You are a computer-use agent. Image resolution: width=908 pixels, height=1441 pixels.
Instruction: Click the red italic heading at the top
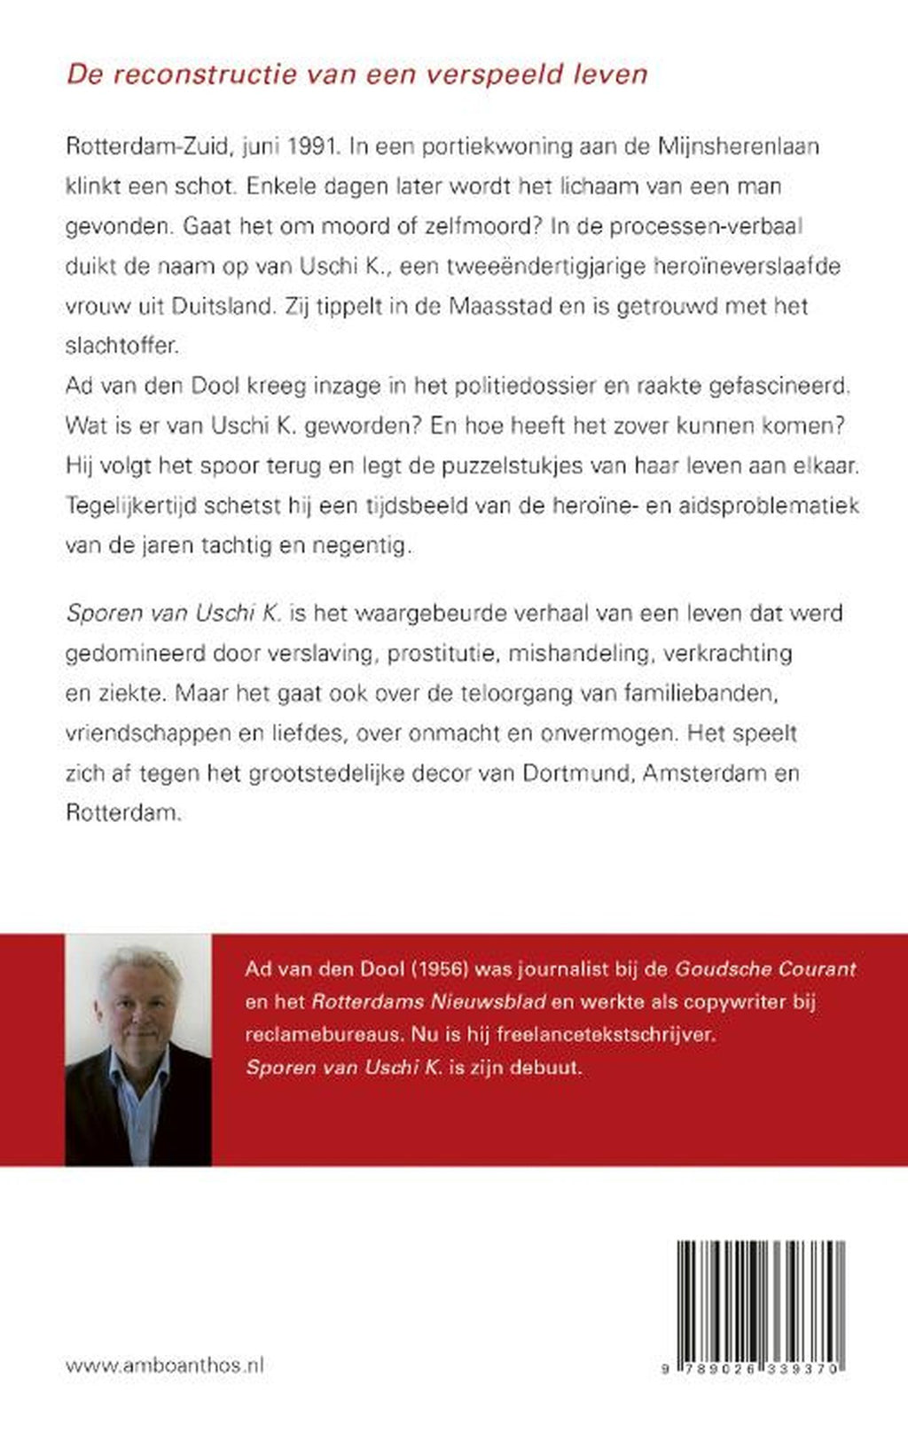[x=356, y=74]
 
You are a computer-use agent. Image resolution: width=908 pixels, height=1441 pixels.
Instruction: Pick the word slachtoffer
[x=121, y=346]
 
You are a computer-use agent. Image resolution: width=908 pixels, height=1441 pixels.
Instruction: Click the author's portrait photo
[x=138, y=1050]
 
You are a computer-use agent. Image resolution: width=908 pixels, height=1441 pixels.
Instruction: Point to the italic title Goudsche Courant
[x=766, y=969]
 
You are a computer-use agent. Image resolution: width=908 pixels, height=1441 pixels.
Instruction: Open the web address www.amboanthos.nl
[x=165, y=1366]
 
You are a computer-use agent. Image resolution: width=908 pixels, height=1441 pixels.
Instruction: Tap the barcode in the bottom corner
[x=761, y=1307]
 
